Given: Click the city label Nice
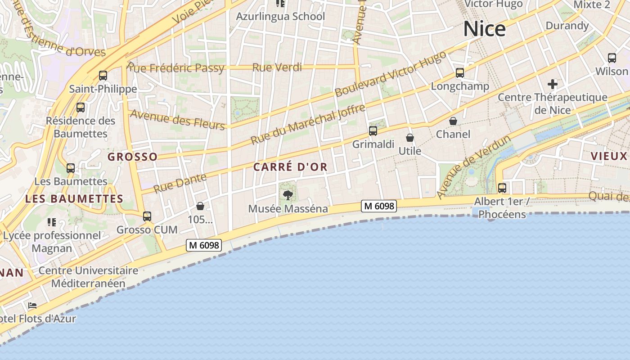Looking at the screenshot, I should coord(484,29).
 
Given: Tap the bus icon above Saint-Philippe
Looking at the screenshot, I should coord(103,75).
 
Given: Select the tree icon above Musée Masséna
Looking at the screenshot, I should coord(288,195).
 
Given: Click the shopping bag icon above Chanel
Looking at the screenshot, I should coord(453,121).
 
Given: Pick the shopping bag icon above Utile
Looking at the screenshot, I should coord(410,137).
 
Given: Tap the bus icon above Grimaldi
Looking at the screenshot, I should coord(373,131).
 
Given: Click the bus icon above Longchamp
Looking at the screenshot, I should coord(460,72).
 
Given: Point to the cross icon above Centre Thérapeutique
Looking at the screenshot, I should coord(553,84).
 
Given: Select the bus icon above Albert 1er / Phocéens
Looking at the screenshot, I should coord(502,188).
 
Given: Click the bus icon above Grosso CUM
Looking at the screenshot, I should coord(147,216).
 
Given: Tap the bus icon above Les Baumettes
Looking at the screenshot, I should coord(71,168).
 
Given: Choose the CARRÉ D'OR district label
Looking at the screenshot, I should coord(290,167).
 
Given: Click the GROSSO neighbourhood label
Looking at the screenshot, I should coord(132,157).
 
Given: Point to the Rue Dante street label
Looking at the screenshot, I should coord(180,183).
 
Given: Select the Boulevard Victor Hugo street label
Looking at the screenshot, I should coord(391,74).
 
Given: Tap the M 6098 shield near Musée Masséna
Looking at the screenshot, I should coord(379,206).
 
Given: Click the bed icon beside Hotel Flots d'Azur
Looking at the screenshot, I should coord(32,306).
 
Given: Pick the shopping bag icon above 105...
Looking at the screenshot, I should coord(200,206).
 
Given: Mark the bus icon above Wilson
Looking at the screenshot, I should coord(612,58).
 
